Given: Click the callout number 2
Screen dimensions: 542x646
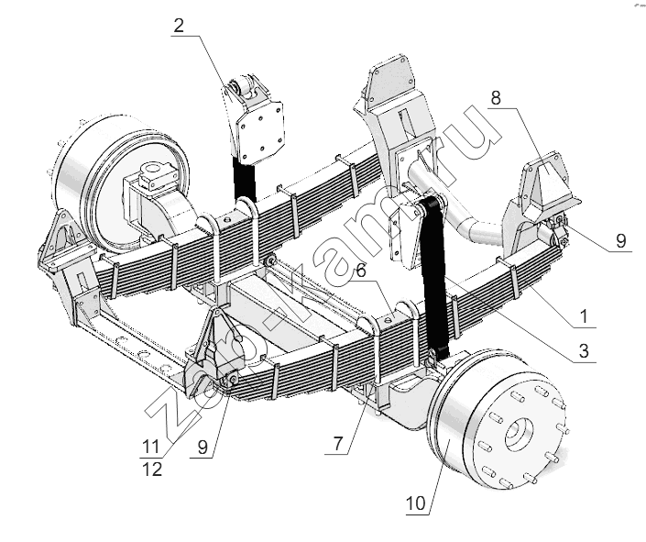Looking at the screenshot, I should [x=179, y=25].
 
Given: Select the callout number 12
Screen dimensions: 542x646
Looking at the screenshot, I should [x=153, y=470].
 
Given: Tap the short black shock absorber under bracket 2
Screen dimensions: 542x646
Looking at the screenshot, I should [x=245, y=179].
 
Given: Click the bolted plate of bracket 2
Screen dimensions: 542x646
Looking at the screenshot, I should [x=260, y=131].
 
